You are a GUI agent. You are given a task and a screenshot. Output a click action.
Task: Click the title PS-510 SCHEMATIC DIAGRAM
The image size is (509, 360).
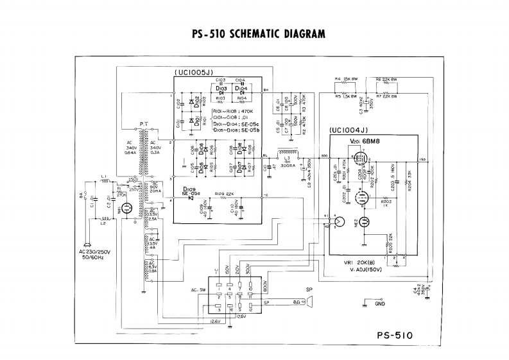pyautogui.click(x=255, y=33)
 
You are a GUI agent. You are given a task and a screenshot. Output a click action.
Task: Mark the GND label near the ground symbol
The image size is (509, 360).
pyautogui.click(x=380, y=304)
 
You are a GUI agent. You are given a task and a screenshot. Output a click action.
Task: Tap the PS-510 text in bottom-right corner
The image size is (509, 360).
pyautogui.click(x=395, y=334)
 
